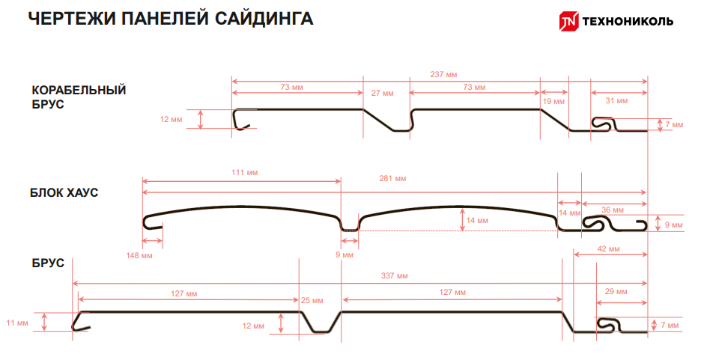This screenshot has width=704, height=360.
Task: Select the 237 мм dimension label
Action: tap(444, 74)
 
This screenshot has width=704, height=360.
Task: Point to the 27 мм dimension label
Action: tap(382, 94)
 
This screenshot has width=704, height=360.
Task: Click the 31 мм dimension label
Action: tap(616, 100)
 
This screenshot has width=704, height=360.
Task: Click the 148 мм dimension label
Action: tap(139, 256)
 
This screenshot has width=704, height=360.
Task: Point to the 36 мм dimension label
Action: tap(613, 210)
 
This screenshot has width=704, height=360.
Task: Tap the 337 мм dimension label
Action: tap(395, 276)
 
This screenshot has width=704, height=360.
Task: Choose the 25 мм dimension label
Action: tap(312, 300)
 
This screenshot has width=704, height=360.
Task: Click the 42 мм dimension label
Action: tap(607, 248)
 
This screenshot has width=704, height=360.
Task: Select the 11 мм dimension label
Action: tap(17, 323)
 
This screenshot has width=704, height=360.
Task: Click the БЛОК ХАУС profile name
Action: tap(64, 193)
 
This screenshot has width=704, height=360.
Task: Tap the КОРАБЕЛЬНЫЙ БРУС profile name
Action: tap(79, 97)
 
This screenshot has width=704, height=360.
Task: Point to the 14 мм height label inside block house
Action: tap(477, 221)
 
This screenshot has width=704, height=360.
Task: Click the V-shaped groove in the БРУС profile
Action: tap(321, 323)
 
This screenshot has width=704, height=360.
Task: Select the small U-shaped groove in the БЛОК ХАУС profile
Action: tap(349, 225)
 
